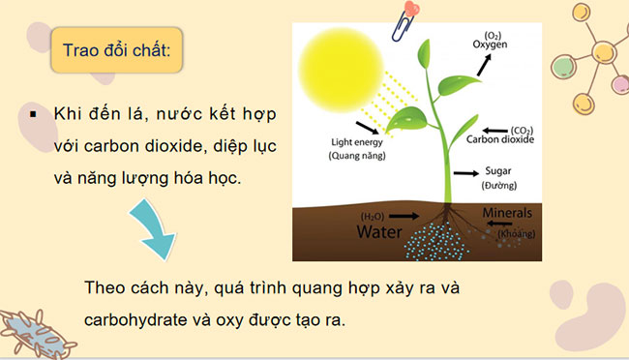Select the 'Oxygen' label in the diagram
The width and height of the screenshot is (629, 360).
point(491,44)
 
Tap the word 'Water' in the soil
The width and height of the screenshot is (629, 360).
point(380,232)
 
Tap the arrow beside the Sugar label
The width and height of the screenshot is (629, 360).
point(466,173)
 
